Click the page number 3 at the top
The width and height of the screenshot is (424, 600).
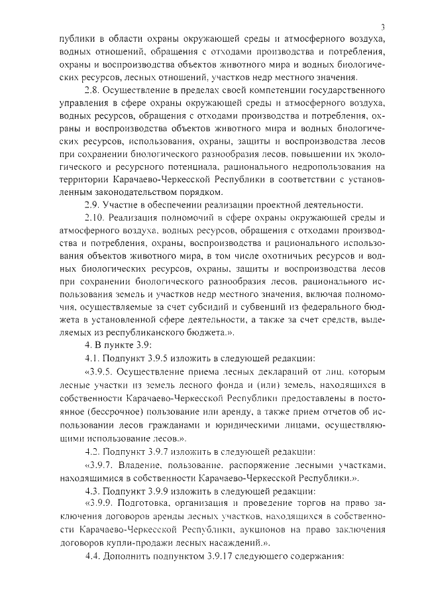tap(383, 26)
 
